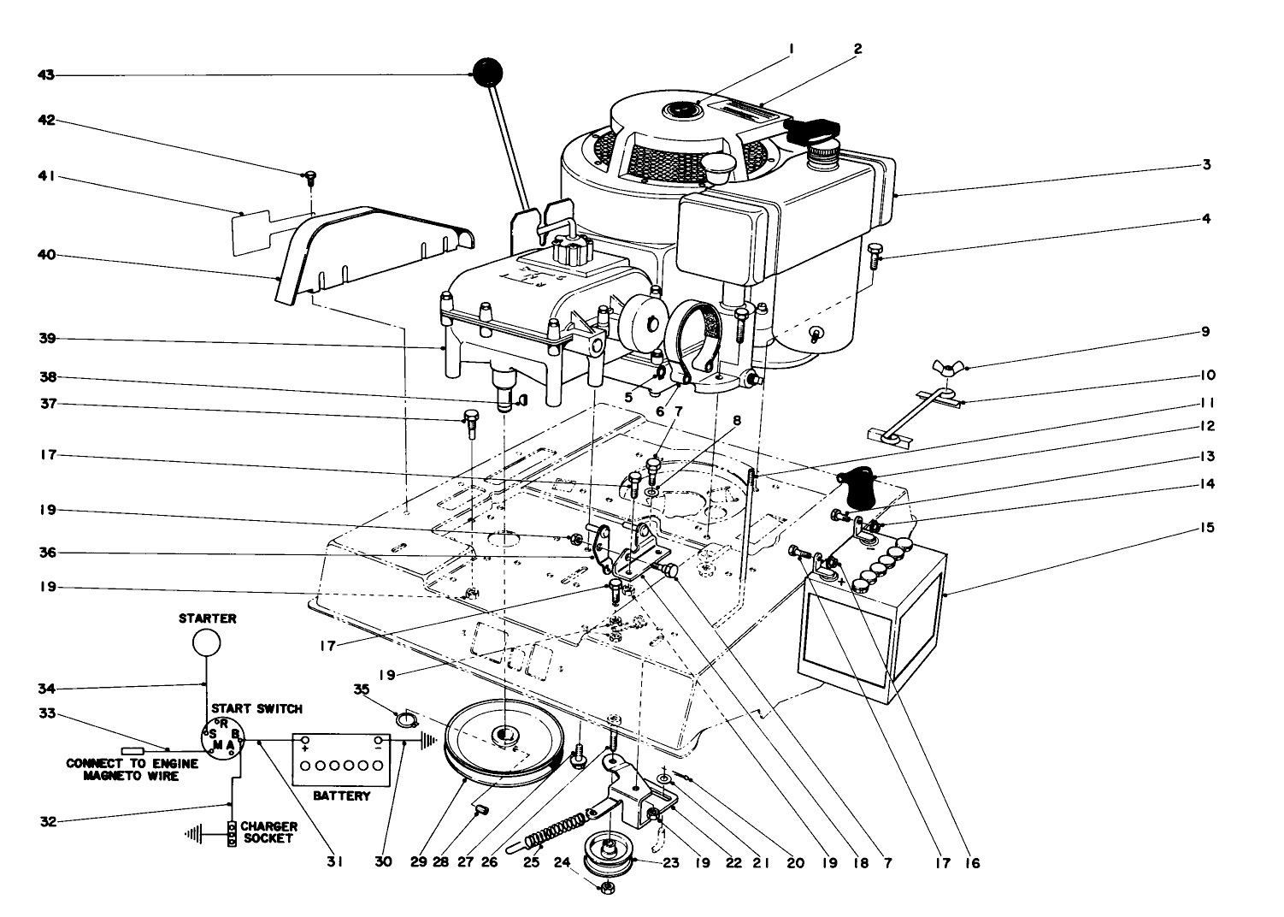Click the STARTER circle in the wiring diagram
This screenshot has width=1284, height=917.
[x=206, y=642]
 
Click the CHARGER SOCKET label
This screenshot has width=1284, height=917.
[x=269, y=832]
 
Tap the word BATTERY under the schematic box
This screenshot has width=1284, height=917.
[x=341, y=796]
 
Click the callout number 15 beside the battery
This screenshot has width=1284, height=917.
[x=1205, y=528]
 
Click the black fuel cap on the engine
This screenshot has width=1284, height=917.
[x=807, y=130]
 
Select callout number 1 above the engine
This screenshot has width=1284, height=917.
[x=792, y=50]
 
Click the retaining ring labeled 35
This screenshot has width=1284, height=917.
[x=405, y=716]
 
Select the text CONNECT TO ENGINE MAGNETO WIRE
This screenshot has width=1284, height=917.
[x=132, y=770]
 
